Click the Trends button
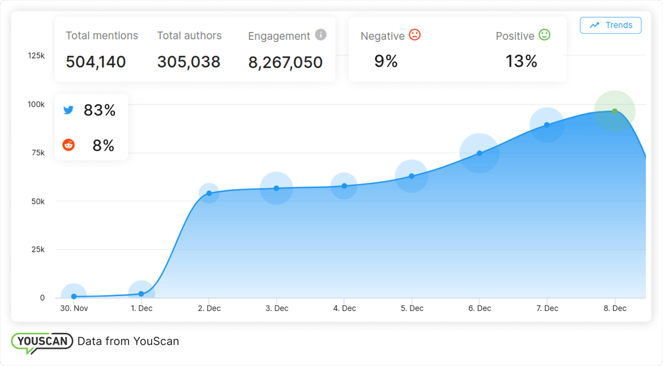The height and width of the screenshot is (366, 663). [610, 25]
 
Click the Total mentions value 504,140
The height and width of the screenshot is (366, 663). [96, 62]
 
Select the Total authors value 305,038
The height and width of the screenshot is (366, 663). [189, 62]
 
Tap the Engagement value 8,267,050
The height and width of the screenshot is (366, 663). [285, 62]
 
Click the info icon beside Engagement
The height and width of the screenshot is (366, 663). [321, 35]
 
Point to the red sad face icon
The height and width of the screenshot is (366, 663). [414, 35]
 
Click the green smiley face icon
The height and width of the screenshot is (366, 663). [544, 35]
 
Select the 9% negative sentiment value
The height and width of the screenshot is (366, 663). [386, 62]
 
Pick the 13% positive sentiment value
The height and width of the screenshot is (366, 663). [521, 62]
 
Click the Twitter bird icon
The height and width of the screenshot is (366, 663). [68, 110]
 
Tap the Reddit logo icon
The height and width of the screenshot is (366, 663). [68, 145]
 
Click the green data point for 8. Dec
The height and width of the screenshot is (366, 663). [614, 111]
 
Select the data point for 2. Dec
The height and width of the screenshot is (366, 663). [209, 193]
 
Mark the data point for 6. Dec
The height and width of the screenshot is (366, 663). [479, 153]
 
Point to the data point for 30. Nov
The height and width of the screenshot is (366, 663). [74, 297]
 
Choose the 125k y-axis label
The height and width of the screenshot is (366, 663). [36, 55]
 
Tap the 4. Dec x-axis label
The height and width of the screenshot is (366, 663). [344, 308]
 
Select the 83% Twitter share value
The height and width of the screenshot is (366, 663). [99, 110]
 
